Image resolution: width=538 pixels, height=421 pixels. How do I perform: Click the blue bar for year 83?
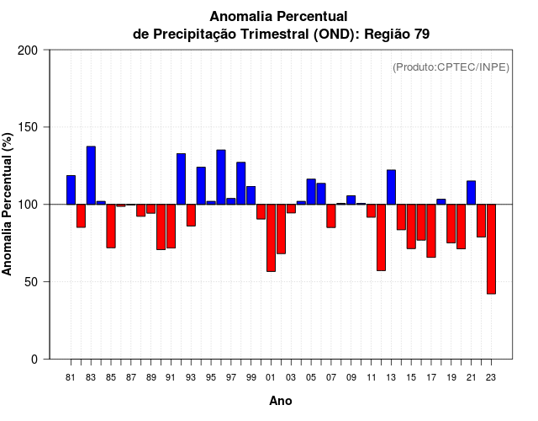[91, 175]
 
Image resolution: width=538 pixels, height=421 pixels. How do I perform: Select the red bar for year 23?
[491, 248]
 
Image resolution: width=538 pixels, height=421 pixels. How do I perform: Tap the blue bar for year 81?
[71, 189]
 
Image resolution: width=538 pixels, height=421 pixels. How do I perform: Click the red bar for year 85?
[111, 226]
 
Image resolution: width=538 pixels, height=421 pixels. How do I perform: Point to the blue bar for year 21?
[471, 192]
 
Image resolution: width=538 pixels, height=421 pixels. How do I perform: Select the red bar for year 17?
[431, 231]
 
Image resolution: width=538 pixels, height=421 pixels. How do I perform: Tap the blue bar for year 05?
[311, 191]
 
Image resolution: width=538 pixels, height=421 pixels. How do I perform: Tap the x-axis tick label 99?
[251, 377]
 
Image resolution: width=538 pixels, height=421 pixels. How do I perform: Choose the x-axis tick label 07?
[331, 377]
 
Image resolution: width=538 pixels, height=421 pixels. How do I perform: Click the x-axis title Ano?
[281, 401]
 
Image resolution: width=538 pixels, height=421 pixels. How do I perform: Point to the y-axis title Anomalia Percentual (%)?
[8, 205]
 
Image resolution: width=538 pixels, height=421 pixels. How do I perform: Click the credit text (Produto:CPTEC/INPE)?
[451, 67]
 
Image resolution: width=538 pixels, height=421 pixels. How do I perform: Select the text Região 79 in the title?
[398, 34]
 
